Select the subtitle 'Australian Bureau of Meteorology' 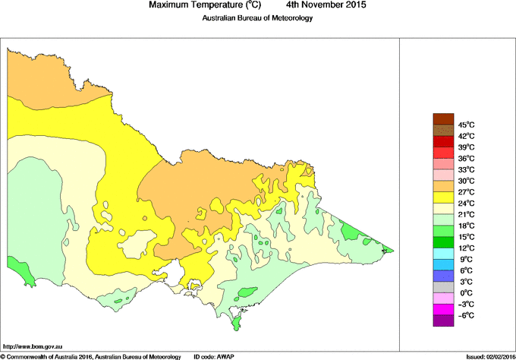pos(257,18)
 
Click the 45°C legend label pos(466,125)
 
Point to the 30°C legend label pos(466,181)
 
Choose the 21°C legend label pos(466,215)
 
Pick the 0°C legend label pos(466,293)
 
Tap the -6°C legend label pos(466,315)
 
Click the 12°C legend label pos(466,248)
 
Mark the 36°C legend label pos(466,158)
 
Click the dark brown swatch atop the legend pos(443,118)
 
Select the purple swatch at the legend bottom pos(443,321)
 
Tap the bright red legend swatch pos(443,141)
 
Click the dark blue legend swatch pos(443,276)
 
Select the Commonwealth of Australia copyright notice pos(91,355)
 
